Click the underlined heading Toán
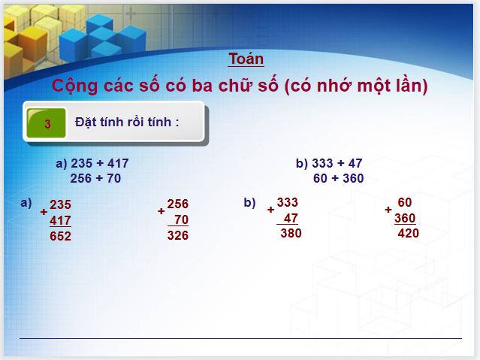[246, 59]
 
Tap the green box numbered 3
[47, 124]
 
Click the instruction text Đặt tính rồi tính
[127, 122]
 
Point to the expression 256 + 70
[95, 178]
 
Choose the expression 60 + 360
[338, 178]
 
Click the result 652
[60, 236]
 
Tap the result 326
[178, 235]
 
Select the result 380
[291, 233]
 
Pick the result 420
[408, 233]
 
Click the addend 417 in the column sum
[60, 221]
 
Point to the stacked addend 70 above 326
[180, 220]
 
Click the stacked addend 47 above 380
[291, 218]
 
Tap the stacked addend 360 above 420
[405, 218]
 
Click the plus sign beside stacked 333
[270, 210]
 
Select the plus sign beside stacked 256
[161, 211]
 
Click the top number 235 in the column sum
[60, 204]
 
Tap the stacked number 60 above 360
[405, 202]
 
